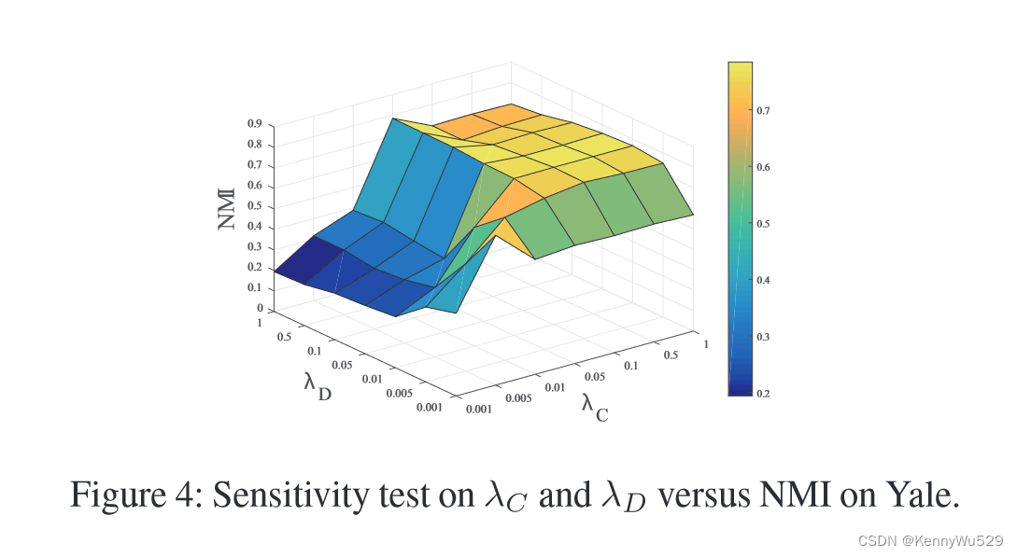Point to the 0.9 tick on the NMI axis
(x=254, y=123)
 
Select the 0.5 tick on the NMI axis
(x=254, y=206)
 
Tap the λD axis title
(x=318, y=386)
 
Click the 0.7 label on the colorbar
(x=763, y=110)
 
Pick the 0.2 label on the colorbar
(x=763, y=394)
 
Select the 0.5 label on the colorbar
(x=763, y=224)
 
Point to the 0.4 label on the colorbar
(x=763, y=280)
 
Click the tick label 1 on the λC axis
(x=706, y=344)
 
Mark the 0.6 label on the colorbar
(x=763, y=167)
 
